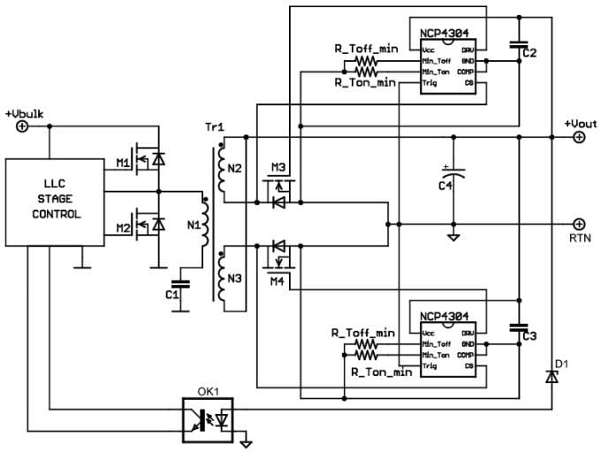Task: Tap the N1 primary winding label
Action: [x=194, y=225]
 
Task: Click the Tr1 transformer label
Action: [x=216, y=127]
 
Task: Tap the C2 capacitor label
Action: [x=529, y=53]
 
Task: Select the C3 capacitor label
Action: [x=529, y=336]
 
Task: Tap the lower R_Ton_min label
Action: [x=381, y=373]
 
